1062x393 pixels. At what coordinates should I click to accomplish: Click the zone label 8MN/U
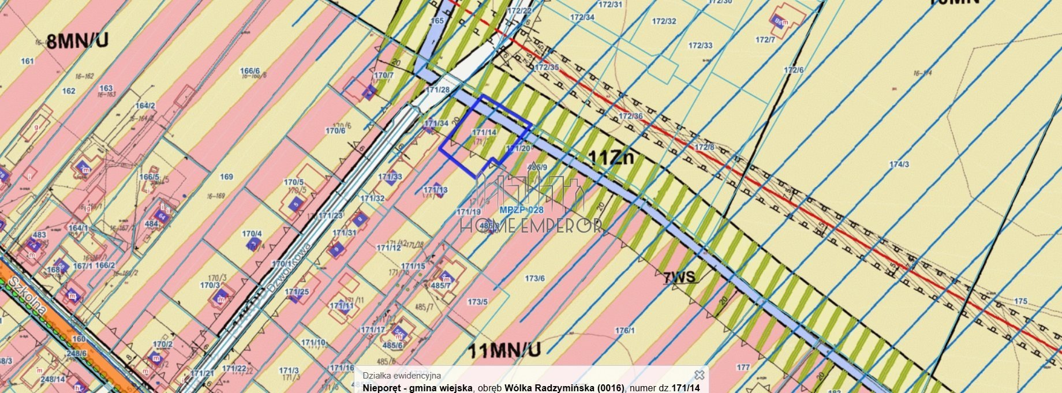point(77,42)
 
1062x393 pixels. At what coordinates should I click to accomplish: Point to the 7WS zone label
point(679,278)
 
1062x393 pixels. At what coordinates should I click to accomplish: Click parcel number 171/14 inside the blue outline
point(484,132)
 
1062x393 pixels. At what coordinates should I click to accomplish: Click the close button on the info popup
point(699,375)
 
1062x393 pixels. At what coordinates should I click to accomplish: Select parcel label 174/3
point(899,164)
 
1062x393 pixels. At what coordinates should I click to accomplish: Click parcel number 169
point(227,177)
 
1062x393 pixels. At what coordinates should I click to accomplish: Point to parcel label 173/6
point(534,279)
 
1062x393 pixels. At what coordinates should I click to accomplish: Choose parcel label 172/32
point(664,21)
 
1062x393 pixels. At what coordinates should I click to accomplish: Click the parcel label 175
point(1020,301)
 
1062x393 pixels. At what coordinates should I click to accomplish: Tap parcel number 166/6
point(250,71)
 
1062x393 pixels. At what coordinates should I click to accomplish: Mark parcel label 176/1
point(625,331)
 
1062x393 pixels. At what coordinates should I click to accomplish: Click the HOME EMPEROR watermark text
point(531,226)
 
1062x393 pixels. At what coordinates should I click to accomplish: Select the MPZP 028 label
point(521,210)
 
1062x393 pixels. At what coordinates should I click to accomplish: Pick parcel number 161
point(27,61)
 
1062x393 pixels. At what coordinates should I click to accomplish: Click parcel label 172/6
point(794,70)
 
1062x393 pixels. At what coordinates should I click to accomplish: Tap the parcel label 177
point(743,367)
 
